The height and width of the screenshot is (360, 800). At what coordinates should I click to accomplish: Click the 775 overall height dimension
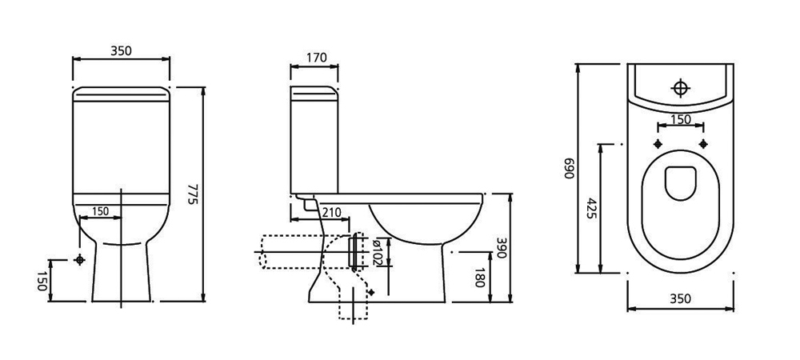tap(192, 194)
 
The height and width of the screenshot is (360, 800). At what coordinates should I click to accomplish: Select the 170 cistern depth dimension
tap(317, 58)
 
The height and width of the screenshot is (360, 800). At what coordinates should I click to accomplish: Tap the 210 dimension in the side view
tap(332, 212)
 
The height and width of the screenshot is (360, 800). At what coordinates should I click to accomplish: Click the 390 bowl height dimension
tap(502, 247)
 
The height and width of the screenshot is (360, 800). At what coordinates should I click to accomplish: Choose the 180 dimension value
tap(479, 278)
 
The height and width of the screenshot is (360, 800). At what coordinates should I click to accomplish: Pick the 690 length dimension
tap(570, 168)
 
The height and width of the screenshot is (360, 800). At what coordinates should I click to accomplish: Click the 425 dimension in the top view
tap(591, 208)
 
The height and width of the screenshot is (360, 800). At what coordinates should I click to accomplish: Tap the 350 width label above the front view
tap(122, 50)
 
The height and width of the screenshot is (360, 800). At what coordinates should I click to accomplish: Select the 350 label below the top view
tap(681, 298)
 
